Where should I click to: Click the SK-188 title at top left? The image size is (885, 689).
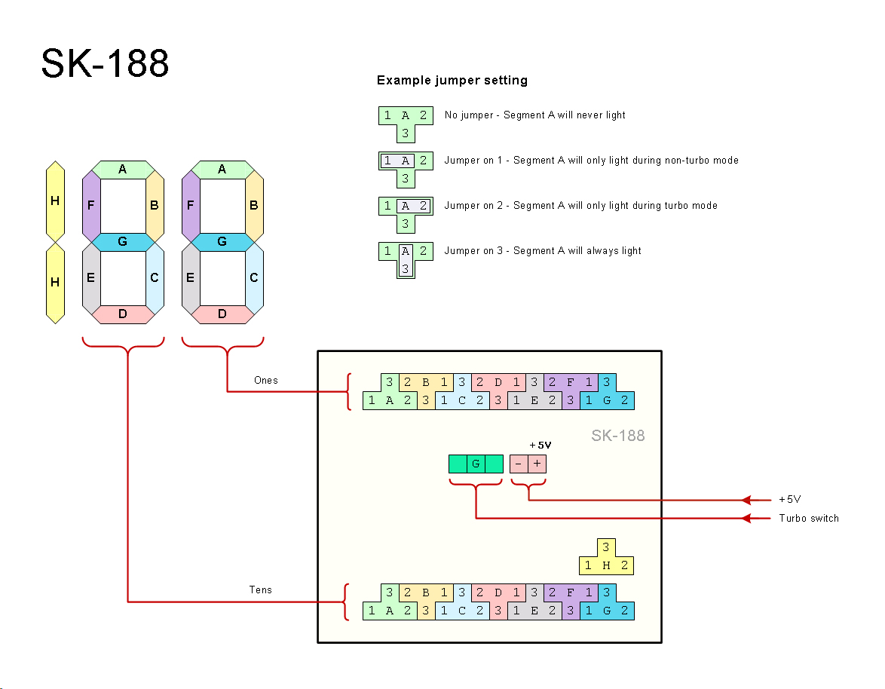105,63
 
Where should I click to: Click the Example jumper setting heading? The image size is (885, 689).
452,81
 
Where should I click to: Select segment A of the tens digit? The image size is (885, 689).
122,170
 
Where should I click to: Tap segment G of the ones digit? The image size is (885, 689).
222,242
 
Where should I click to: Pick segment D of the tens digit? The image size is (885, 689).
122,314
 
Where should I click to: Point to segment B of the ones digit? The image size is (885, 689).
254,205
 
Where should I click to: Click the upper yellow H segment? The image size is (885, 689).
54,201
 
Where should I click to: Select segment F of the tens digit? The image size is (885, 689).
90,205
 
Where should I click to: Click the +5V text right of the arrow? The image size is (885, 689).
789,500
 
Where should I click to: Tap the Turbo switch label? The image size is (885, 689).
808,519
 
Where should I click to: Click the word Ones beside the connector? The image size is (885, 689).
265,381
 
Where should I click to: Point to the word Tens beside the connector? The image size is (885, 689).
260,590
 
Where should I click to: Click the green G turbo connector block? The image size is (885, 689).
476,464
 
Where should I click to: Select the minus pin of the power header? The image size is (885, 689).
519,464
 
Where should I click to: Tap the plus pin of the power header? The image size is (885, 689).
537,464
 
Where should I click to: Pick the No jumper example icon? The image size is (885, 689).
406,123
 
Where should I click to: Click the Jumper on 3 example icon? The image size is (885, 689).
406,259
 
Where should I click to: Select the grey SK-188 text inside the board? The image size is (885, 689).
617,436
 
